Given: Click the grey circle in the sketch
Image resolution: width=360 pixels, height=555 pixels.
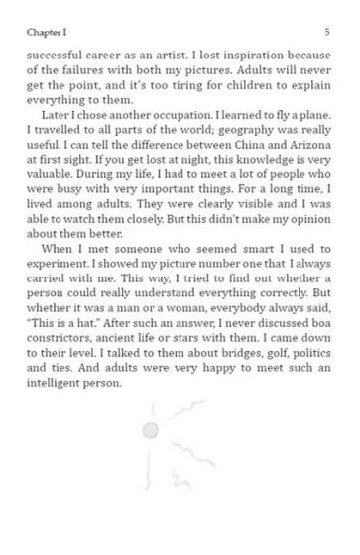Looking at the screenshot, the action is [x=152, y=429].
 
